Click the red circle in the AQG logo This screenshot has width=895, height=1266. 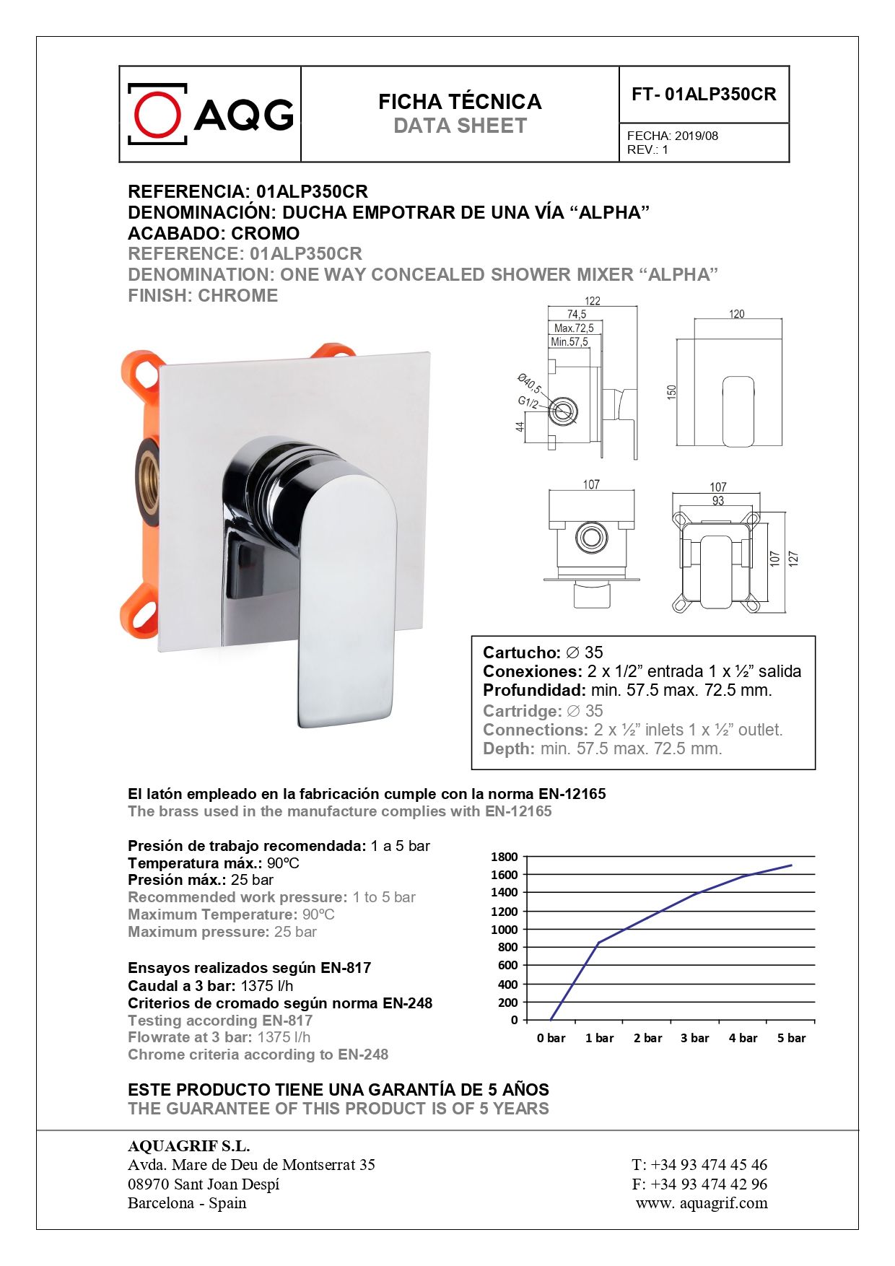tap(157, 115)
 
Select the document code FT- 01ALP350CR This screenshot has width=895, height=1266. tap(704, 95)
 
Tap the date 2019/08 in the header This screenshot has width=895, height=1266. tap(697, 136)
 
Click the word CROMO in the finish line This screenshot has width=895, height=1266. tap(265, 233)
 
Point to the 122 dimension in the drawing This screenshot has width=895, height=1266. tap(592, 301)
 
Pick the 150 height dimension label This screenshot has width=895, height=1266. tap(672, 392)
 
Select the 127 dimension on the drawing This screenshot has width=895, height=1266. tap(793, 558)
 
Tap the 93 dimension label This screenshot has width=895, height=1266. tap(717, 500)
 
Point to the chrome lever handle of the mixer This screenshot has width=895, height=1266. tap(346, 599)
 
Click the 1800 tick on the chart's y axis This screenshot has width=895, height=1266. tap(505, 857)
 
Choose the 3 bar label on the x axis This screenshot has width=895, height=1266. tap(694, 1038)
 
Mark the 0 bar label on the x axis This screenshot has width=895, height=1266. tap(551, 1038)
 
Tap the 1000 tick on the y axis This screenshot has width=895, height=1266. tap(505, 929)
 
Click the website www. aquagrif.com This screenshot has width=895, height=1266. tap(702, 1203)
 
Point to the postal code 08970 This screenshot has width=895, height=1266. tap(148, 1184)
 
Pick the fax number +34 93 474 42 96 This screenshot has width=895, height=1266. tap(709, 1184)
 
